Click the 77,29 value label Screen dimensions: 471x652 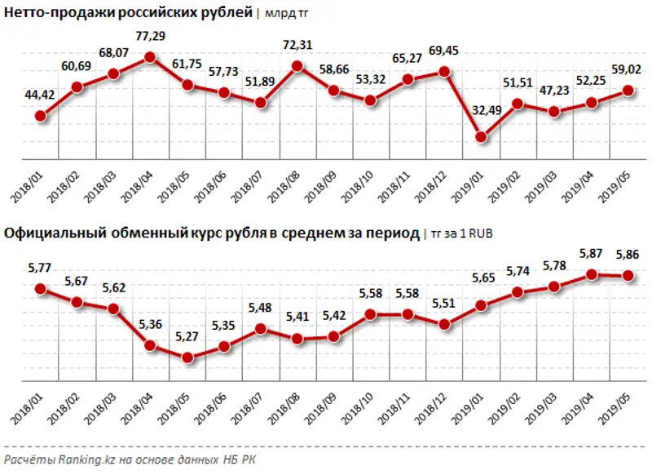(151, 38)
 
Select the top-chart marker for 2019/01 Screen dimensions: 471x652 (482, 137)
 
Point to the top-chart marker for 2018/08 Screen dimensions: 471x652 (297, 67)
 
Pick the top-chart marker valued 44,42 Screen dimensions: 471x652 (40, 116)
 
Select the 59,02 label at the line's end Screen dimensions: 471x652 (628, 71)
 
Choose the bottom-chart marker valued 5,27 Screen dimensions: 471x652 (187, 358)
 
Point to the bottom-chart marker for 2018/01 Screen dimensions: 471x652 (40, 288)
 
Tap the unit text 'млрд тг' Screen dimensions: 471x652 (286, 12)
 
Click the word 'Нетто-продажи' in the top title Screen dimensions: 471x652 (54, 11)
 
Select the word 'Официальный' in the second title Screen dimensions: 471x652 (51, 233)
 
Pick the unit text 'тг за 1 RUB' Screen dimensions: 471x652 (458, 234)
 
